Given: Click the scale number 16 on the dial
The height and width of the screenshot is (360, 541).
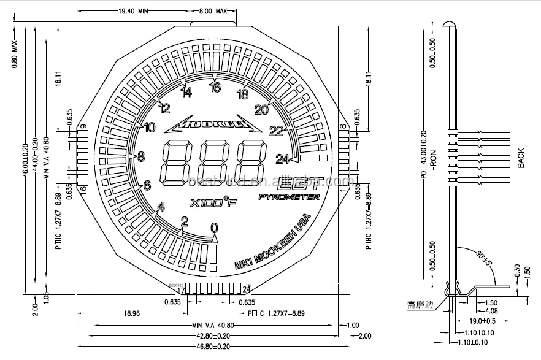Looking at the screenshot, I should [x=215, y=87].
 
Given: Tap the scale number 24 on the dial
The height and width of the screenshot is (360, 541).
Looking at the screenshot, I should [x=282, y=159].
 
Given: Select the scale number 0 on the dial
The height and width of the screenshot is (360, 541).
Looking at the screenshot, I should [x=214, y=228].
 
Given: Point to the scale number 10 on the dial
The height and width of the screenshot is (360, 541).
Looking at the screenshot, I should [x=148, y=128].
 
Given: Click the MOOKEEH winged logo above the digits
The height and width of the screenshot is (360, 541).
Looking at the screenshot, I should [x=215, y=125].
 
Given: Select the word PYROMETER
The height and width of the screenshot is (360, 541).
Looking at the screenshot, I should [x=289, y=197].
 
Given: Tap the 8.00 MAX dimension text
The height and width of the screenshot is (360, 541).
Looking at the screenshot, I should [x=213, y=11].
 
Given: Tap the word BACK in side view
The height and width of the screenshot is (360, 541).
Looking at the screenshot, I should [x=521, y=158].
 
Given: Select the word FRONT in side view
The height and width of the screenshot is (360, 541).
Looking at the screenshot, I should [x=433, y=158].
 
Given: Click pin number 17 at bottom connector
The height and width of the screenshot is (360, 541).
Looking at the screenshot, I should [x=181, y=289].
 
